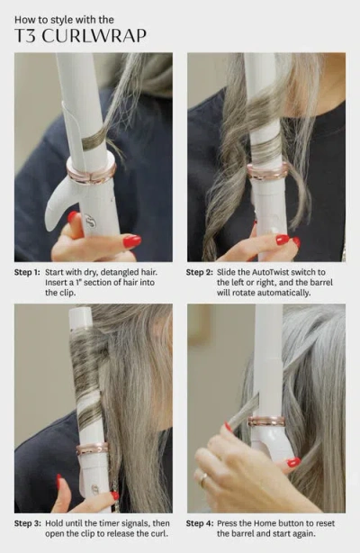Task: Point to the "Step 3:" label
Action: pyautogui.click(x=31, y=522)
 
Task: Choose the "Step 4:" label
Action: pyautogui.click(x=202, y=522)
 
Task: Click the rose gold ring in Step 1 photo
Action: pyautogui.click(x=91, y=170)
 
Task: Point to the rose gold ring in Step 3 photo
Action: pyautogui.click(x=92, y=448)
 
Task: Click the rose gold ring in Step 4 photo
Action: pyautogui.click(x=267, y=421)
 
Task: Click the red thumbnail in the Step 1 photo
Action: pyautogui.click(x=131, y=241)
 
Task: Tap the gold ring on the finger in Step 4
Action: pyautogui.click(x=203, y=480)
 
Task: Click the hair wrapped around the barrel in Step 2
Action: pyautogui.click(x=265, y=135)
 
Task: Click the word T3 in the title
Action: pyautogui.click(x=24, y=35)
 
